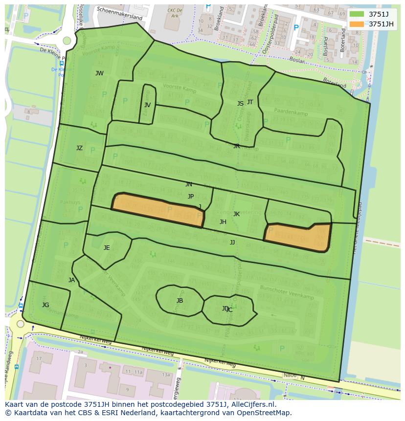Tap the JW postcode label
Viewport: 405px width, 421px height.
click(99, 73)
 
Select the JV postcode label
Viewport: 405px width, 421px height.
click(147, 105)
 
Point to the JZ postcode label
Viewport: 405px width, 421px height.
click(79, 148)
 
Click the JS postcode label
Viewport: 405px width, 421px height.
click(240, 104)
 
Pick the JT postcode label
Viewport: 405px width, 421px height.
click(250, 102)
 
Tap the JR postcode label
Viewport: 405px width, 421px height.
click(236, 146)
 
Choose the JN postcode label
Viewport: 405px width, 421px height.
click(189, 184)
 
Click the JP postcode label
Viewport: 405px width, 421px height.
click(191, 197)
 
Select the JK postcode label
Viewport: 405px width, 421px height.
click(236, 214)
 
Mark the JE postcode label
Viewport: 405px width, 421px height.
click(107, 248)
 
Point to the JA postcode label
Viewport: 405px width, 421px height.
click(72, 280)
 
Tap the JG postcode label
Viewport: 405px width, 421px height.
click(45, 305)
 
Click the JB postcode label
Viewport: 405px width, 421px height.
click(180, 301)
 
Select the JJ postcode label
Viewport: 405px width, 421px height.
click(232, 242)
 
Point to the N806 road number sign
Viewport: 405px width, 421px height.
click(290, 376)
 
